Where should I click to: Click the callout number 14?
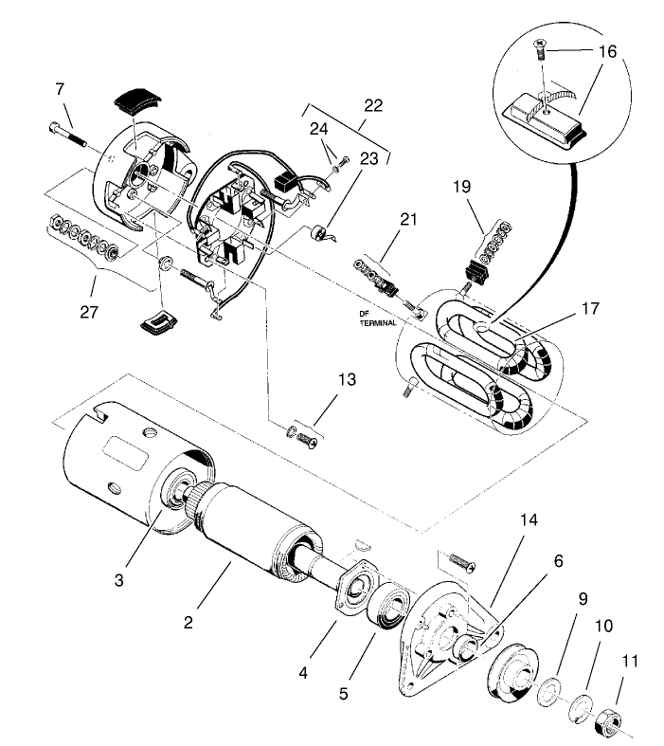pos(528,520)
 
